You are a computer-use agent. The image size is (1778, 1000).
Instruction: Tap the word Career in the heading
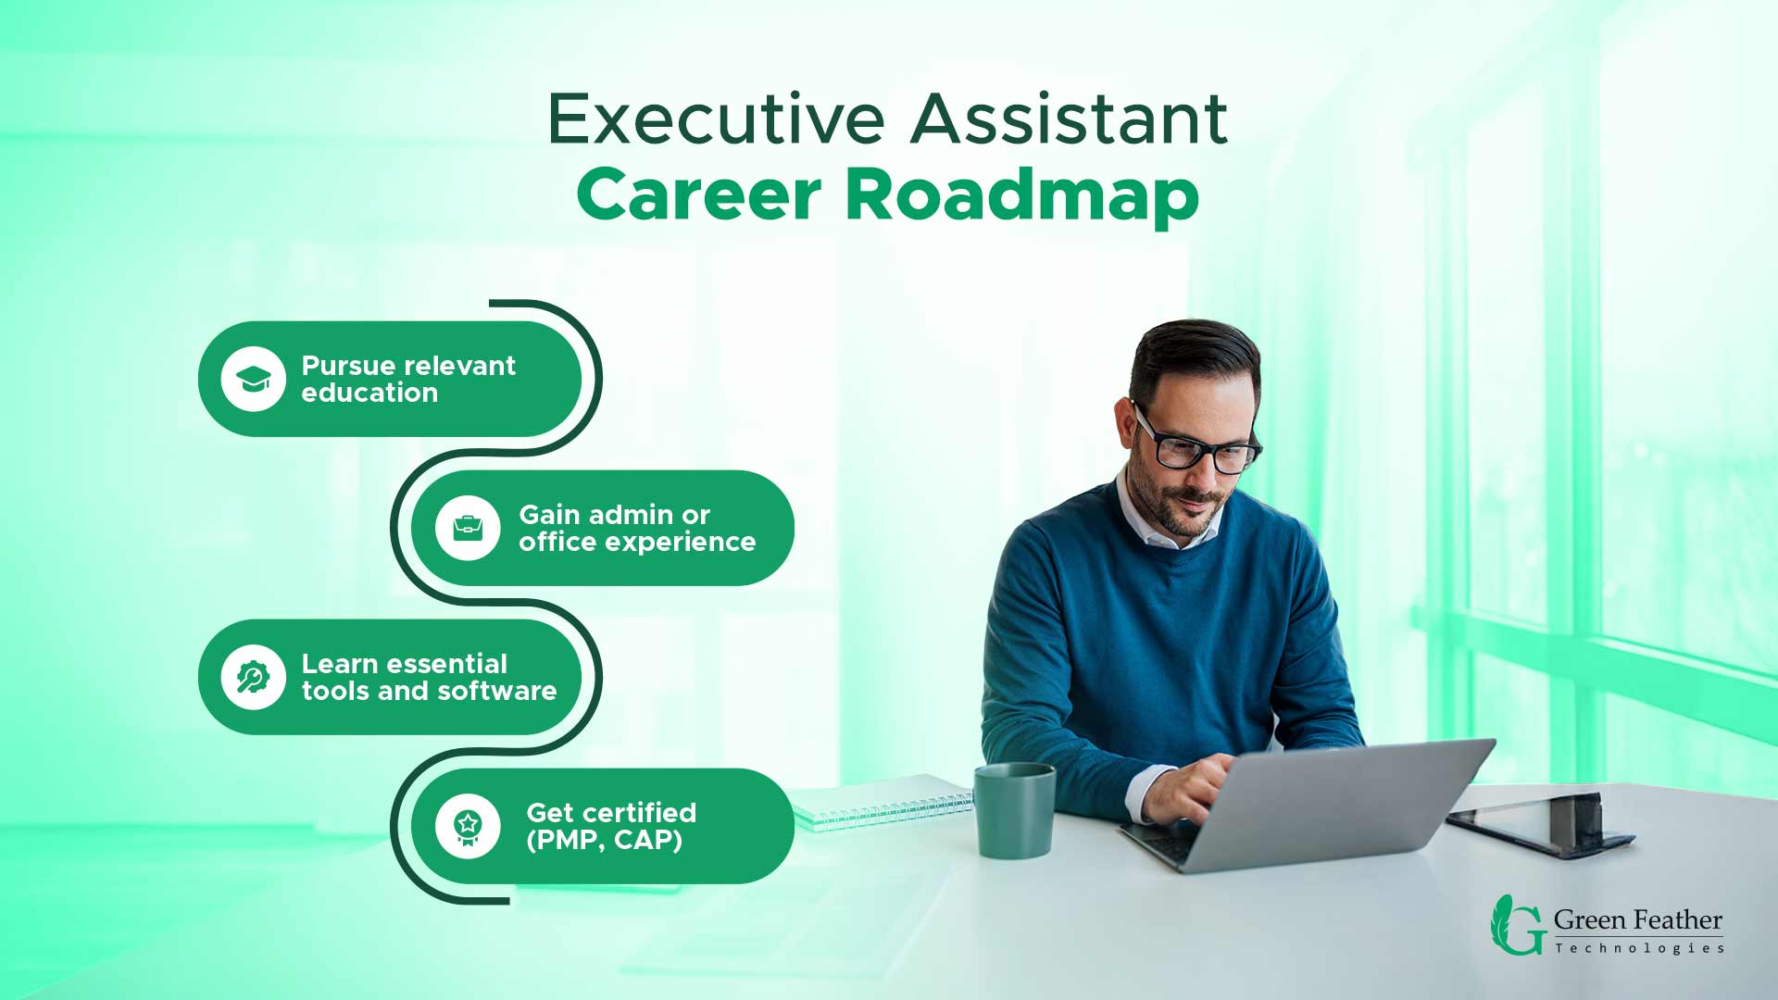coord(699,194)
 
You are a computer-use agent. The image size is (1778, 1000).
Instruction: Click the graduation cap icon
coord(253,379)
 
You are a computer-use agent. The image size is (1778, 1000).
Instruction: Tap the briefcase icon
coord(468,528)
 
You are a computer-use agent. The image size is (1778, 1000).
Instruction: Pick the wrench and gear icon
coord(253,677)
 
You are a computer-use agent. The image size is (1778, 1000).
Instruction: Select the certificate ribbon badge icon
coord(468,826)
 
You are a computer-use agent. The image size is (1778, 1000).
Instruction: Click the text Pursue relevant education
coord(408,379)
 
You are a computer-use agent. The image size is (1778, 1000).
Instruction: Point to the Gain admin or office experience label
coord(637,528)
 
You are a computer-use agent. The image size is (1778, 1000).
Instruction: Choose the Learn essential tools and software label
coord(429,677)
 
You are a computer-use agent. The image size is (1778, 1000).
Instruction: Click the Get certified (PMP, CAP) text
coord(611,826)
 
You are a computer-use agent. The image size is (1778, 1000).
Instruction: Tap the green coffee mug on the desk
coord(1014,810)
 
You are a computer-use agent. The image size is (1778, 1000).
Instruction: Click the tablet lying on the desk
coord(1542,823)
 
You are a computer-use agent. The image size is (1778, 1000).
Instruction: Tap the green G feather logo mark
coord(1517,925)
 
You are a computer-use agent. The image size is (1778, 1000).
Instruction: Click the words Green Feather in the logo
coord(1637,920)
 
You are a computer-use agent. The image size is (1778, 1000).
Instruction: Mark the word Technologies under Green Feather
coord(1639,948)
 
